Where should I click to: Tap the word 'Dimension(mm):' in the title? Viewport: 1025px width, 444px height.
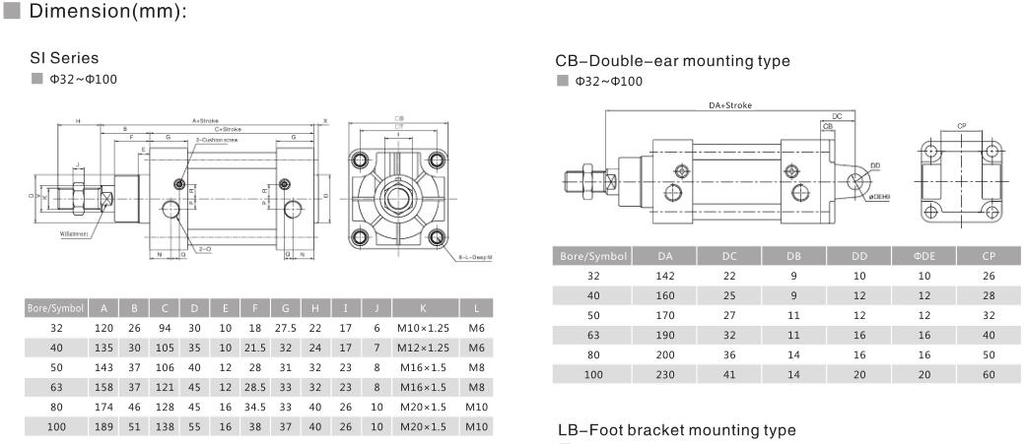tap(108, 13)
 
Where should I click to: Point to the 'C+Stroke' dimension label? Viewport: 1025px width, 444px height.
tap(228, 129)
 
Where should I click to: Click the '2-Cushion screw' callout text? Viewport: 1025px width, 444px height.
tap(216, 140)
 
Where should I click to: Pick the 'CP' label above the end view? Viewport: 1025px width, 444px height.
tap(961, 126)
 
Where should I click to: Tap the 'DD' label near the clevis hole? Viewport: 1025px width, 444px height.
tap(874, 166)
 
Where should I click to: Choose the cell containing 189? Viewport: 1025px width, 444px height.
tap(103, 425)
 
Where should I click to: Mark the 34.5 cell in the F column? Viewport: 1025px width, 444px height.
tap(256, 406)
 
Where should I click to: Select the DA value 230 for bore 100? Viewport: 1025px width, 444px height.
tap(664, 374)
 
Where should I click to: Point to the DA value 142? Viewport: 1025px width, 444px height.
tap(664, 276)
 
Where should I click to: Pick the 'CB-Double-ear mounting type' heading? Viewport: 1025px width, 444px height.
tap(672, 61)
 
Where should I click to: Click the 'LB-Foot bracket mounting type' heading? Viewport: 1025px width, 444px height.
tap(676, 430)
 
